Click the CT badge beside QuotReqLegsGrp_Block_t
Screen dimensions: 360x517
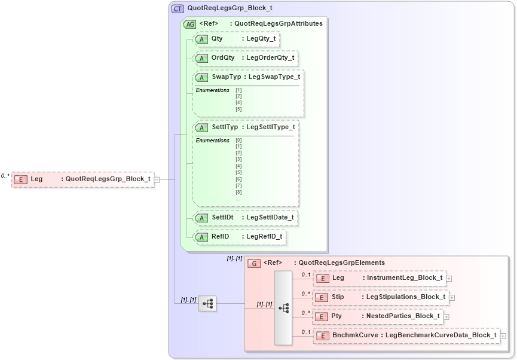(x=178, y=9)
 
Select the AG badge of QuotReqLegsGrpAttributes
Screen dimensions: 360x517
(x=189, y=24)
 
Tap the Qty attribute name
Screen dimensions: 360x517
(x=217, y=39)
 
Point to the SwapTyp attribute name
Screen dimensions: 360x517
(x=225, y=77)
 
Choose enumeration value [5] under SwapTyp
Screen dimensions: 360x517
(x=238, y=109)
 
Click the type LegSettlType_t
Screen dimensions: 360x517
(x=270, y=127)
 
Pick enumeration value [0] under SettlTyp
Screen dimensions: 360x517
(x=238, y=140)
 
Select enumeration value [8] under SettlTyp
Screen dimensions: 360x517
(x=238, y=192)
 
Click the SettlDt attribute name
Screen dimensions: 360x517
(x=222, y=218)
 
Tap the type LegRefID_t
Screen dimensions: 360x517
(x=264, y=237)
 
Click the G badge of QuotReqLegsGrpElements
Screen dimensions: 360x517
(x=254, y=263)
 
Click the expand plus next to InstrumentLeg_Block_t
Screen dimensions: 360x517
(x=449, y=278)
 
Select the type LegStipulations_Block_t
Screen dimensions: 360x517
(x=406, y=297)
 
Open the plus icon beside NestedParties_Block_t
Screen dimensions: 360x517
(x=446, y=316)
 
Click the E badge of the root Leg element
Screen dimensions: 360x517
(x=21, y=179)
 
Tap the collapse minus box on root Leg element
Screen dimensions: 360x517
(x=157, y=179)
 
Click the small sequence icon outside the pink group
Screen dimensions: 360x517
(x=207, y=304)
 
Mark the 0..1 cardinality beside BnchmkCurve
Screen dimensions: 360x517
(x=306, y=332)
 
